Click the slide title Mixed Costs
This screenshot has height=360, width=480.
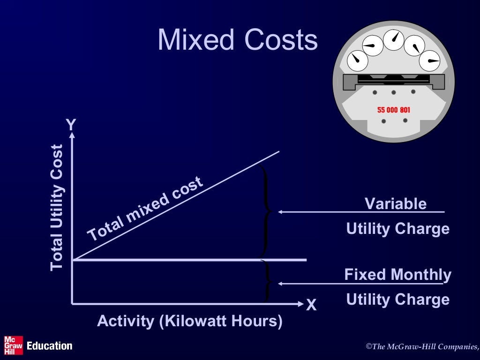pyautogui.click(x=238, y=40)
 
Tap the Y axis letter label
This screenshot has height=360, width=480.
pyautogui.click(x=71, y=125)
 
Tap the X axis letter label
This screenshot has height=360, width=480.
pyautogui.click(x=311, y=306)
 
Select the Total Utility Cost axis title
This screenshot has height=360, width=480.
pyautogui.click(x=57, y=207)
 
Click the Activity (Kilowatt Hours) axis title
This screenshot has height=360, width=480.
pyautogui.click(x=189, y=322)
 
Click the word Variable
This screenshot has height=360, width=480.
pyautogui.click(x=396, y=204)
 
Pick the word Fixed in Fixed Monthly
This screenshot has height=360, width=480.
pyautogui.click(x=366, y=275)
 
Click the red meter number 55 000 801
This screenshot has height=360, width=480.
pyautogui.click(x=393, y=110)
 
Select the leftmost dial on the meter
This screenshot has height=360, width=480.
pyautogui.click(x=358, y=59)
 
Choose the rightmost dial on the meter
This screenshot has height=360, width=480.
pyautogui.click(x=430, y=60)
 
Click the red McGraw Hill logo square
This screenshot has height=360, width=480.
pyautogui.click(x=13, y=345)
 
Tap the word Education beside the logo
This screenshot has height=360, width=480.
pyautogui.click(x=50, y=346)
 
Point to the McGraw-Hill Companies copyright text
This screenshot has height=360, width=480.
pyautogui.click(x=422, y=346)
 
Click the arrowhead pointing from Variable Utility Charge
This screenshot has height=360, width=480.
pyautogui.click(x=280, y=212)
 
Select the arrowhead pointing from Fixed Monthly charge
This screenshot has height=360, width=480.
pyautogui.click(x=280, y=284)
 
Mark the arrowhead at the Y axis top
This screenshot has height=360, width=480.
pyautogui.click(x=72, y=136)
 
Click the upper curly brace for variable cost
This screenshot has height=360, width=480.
pyautogui.click(x=267, y=211)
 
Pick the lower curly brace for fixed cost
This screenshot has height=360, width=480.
pyautogui.click(x=268, y=281)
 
